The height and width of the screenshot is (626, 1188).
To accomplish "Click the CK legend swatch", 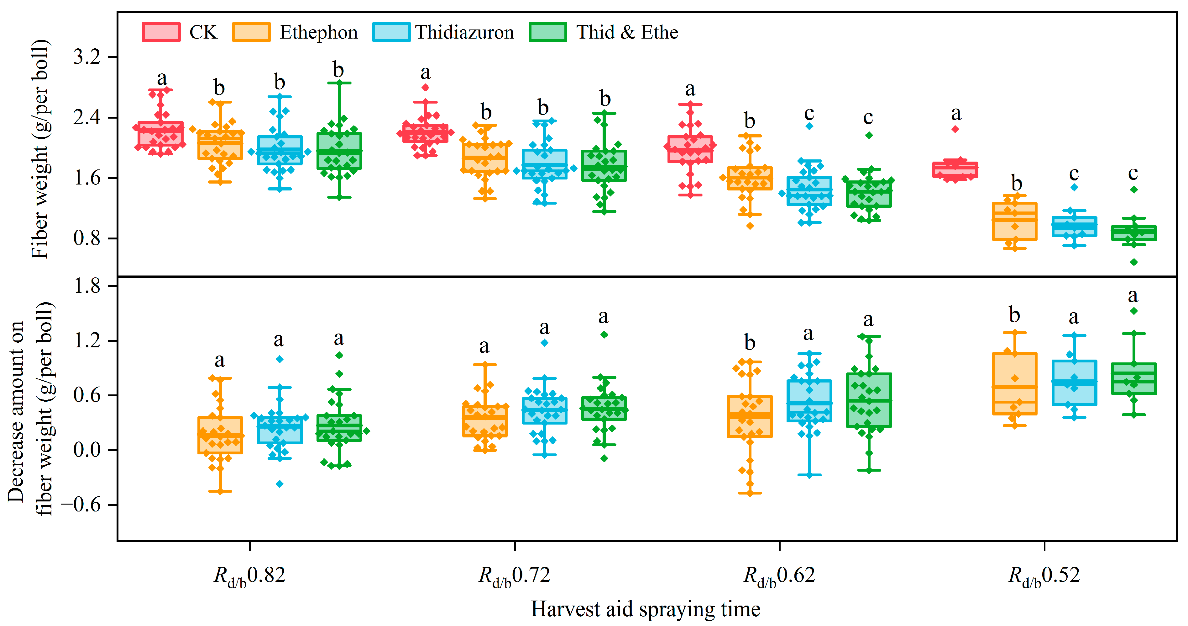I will pyautogui.click(x=161, y=32).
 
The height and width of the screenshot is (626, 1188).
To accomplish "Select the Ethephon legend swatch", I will pyautogui.click(x=251, y=32).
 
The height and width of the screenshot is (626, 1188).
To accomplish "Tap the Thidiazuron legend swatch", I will pyautogui.click(x=391, y=32).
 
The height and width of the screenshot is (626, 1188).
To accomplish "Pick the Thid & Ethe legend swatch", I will pyautogui.click(x=547, y=32).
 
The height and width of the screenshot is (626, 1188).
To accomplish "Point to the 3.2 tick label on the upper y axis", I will pyautogui.click(x=87, y=57).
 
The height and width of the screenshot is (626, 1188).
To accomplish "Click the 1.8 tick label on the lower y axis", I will pyautogui.click(x=87, y=286).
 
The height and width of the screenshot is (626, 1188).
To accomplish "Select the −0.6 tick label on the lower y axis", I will pyautogui.click(x=81, y=505).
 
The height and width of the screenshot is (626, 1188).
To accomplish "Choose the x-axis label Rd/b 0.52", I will pyautogui.click(x=1044, y=576).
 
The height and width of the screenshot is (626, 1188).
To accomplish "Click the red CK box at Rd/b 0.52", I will pyautogui.click(x=955, y=170).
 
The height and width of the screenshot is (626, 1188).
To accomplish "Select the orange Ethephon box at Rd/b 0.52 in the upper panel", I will pyautogui.click(x=1015, y=222).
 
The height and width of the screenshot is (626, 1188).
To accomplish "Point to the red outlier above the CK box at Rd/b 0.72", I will pyautogui.click(x=426, y=87).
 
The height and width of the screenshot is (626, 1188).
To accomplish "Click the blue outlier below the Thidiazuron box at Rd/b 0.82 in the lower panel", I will pyautogui.click(x=280, y=484).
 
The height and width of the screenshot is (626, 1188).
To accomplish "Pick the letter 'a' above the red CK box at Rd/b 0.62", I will pyautogui.click(x=690, y=89).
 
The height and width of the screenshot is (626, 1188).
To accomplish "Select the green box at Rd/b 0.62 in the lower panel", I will pyautogui.click(x=869, y=400).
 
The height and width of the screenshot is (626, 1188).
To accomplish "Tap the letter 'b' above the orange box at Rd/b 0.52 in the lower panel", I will pyautogui.click(x=1014, y=315).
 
